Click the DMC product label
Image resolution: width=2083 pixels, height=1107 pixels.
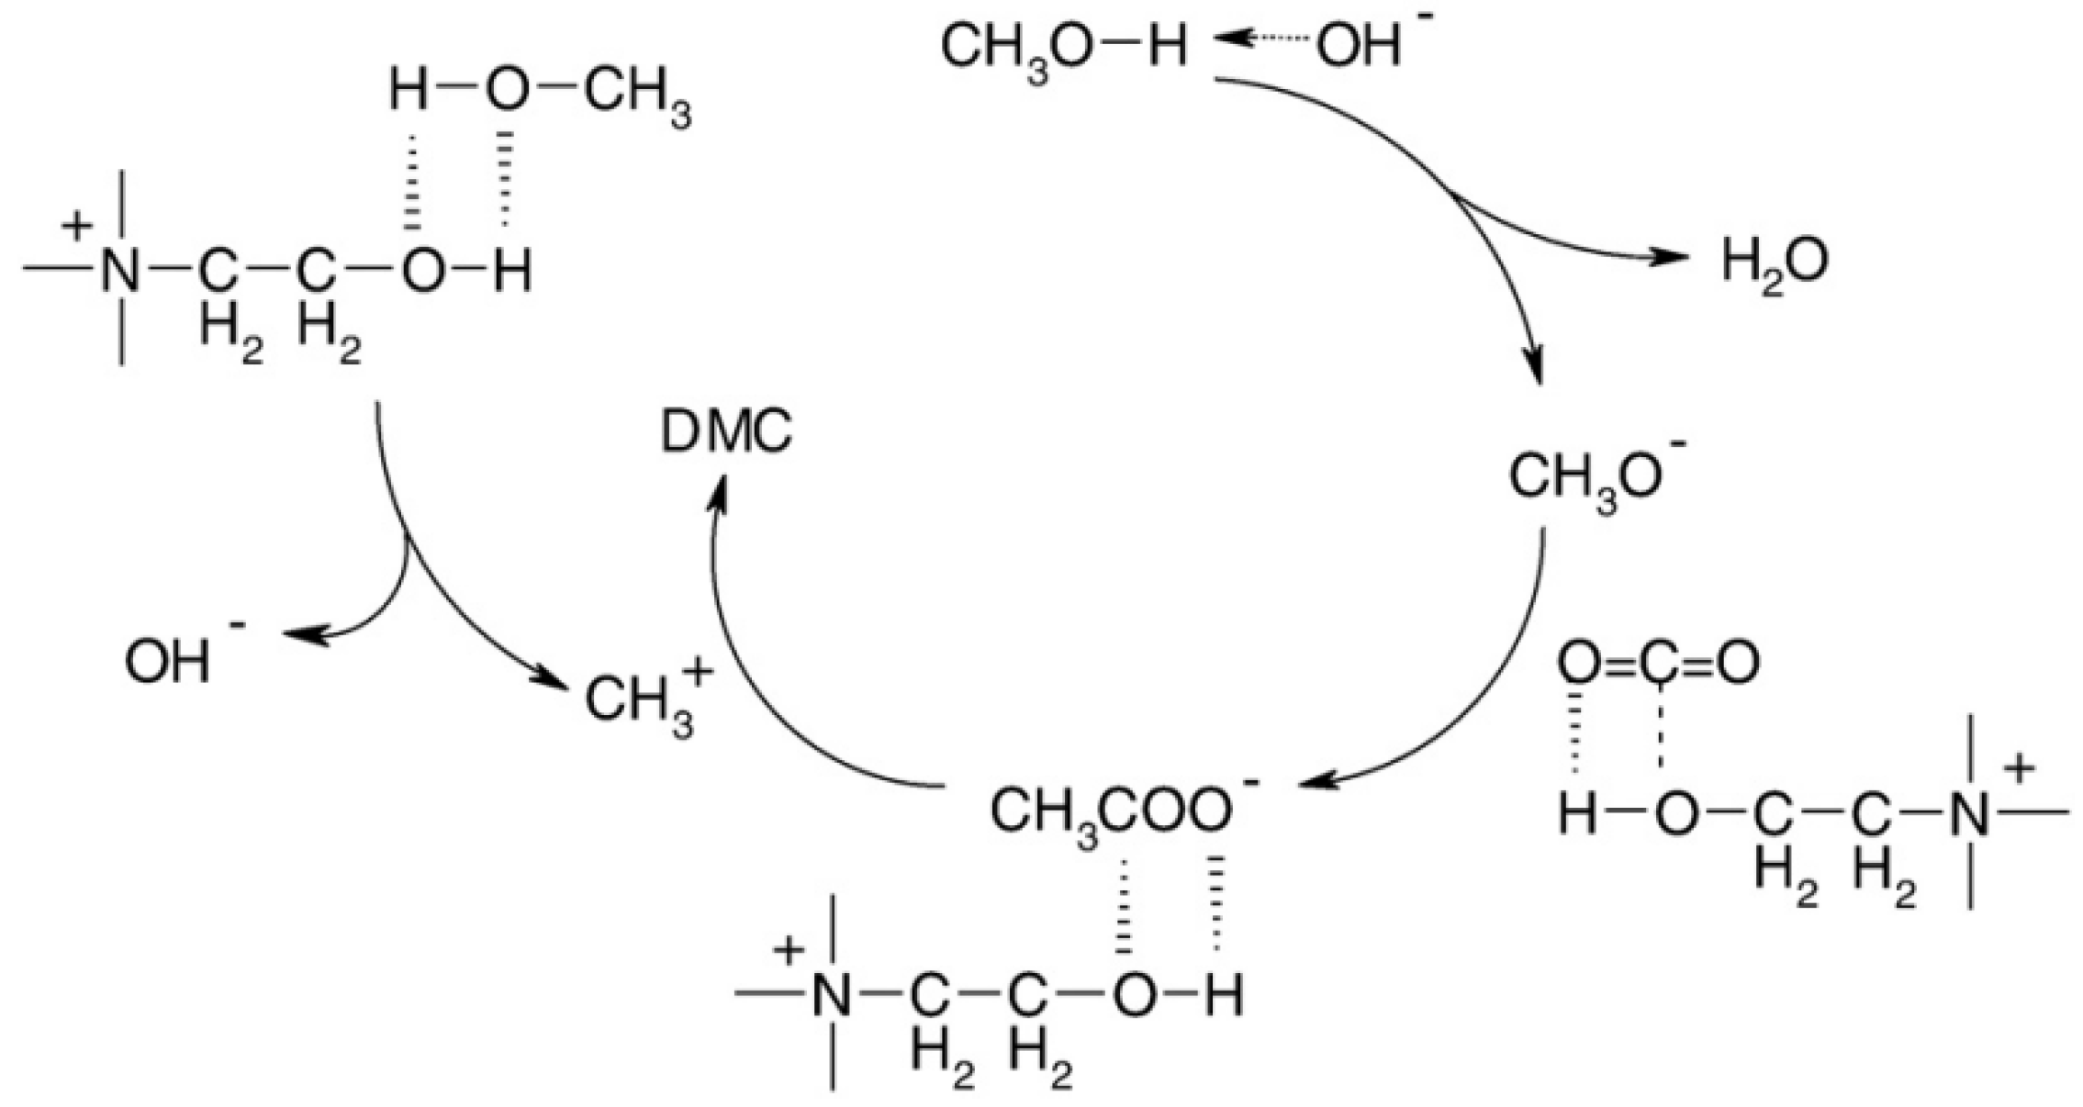point(726,432)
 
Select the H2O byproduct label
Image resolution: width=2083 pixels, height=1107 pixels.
point(1774,263)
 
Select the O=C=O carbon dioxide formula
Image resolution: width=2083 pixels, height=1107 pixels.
point(1658,663)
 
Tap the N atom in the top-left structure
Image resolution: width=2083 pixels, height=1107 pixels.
point(121,271)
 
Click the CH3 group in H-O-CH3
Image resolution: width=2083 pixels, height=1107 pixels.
point(637,96)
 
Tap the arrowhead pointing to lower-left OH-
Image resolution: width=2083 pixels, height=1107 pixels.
point(298,634)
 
